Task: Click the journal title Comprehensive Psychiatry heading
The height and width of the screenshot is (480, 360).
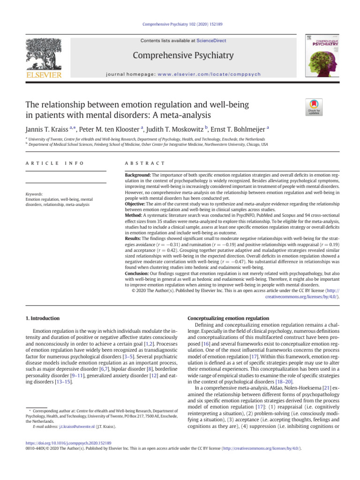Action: (x=183, y=56)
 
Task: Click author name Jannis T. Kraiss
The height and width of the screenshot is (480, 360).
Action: (x=46, y=129)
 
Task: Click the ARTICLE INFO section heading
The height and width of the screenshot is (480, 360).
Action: (x=54, y=163)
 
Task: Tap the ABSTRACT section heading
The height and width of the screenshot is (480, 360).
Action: (x=143, y=163)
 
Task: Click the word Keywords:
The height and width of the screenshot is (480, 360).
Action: (x=35, y=194)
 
